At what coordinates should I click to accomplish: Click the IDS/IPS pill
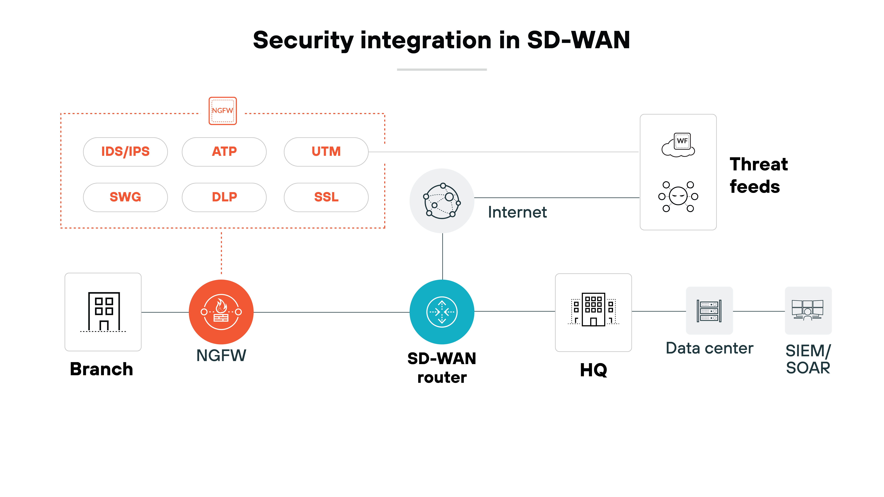click(125, 152)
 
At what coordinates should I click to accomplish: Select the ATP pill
click(224, 152)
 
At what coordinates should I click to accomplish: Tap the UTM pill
click(326, 152)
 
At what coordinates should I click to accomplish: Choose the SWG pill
click(125, 197)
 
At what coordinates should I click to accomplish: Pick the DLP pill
click(224, 197)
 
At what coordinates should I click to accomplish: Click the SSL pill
click(326, 197)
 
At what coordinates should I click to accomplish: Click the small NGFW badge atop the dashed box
click(223, 111)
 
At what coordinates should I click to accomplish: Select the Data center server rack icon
click(709, 311)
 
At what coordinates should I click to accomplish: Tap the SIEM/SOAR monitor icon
click(808, 310)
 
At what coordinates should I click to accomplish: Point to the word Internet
click(517, 212)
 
